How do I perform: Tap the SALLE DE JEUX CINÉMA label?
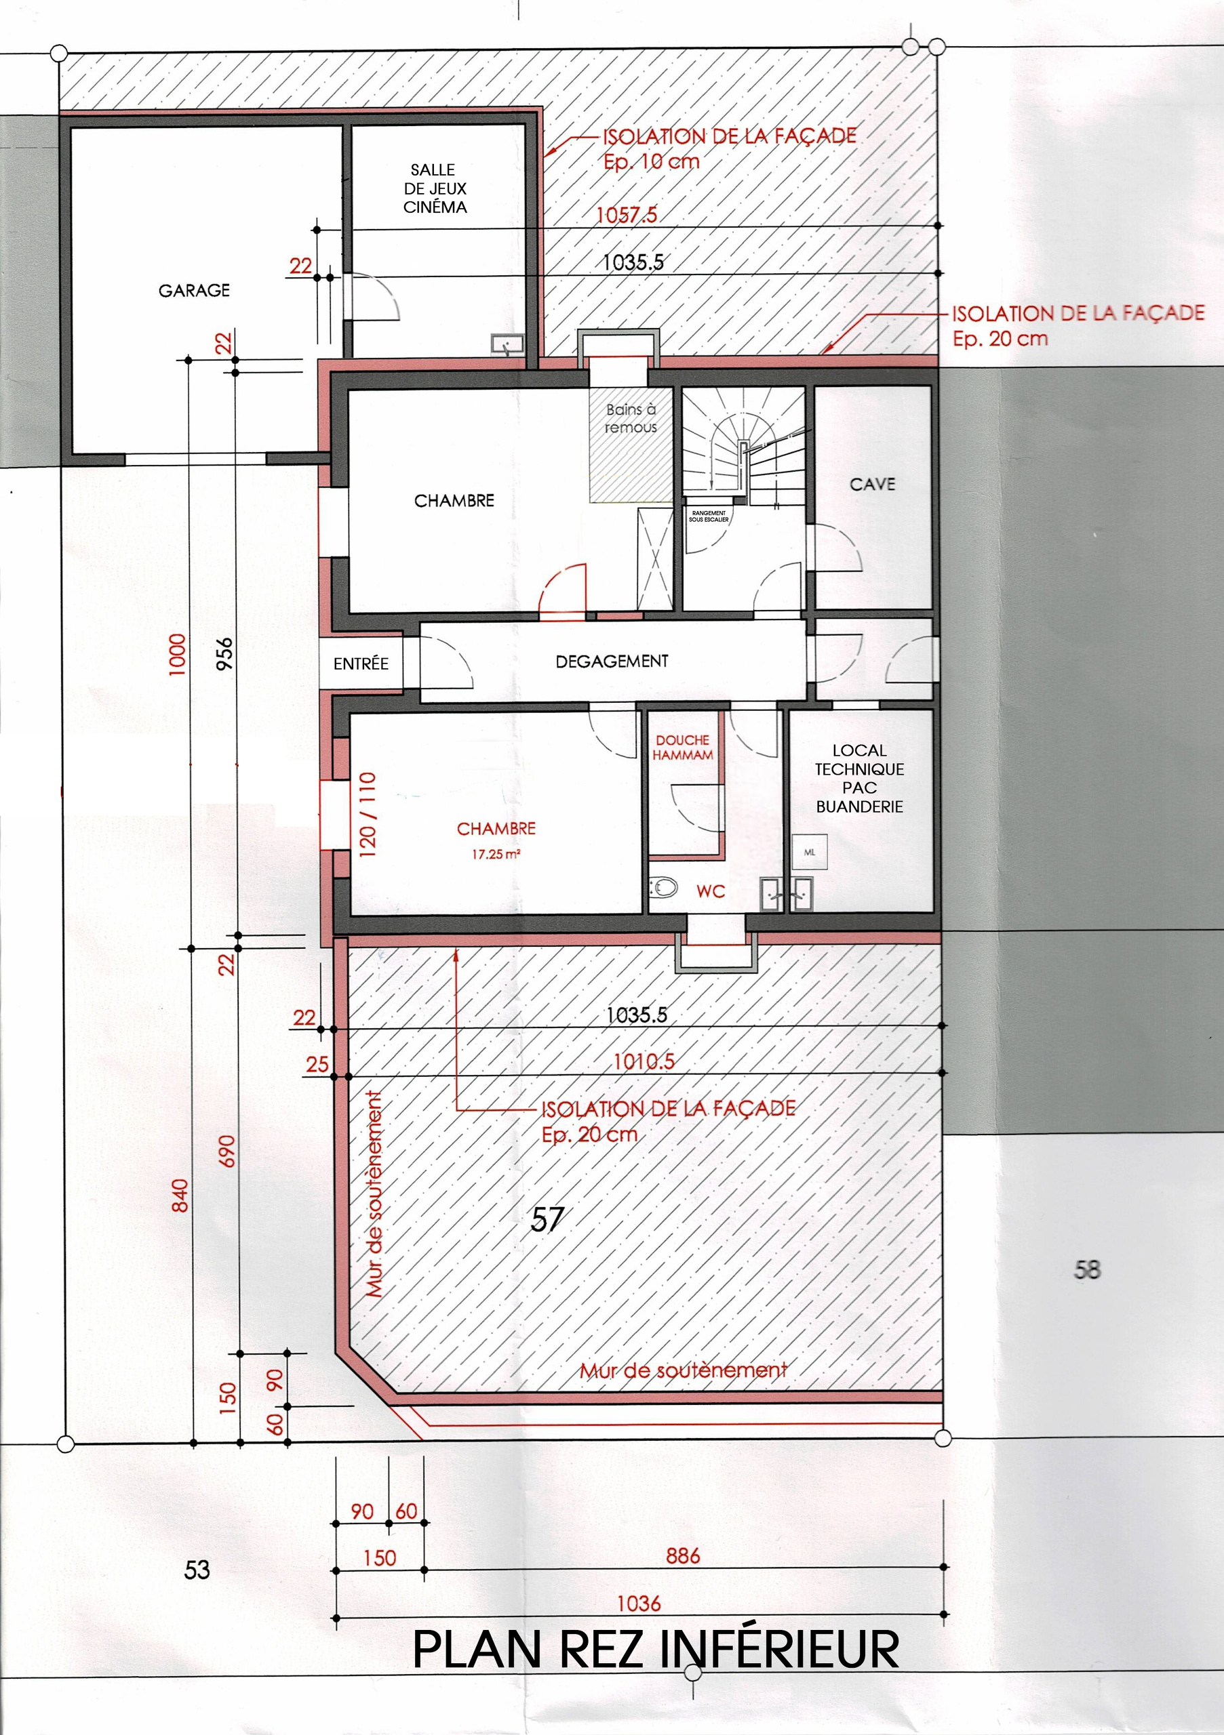coord(435,188)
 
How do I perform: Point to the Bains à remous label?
coord(631,418)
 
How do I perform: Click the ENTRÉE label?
coord(361,664)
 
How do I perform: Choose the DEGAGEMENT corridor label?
coord(612,661)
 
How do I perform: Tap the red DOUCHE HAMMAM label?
coord(683,748)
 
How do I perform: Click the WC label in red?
coord(710,892)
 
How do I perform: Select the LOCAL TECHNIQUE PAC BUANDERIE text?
coord(860,778)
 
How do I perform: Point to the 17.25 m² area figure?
coord(496,855)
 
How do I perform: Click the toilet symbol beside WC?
coord(663,887)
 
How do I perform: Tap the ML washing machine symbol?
coord(810,853)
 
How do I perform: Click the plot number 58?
coord(1086,1269)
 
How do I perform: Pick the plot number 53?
coord(197,1570)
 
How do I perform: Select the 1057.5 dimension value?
coord(627,216)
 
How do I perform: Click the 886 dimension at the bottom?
coord(683,1556)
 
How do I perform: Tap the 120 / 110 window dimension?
coord(368,814)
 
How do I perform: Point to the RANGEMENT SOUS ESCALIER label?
coord(709,517)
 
